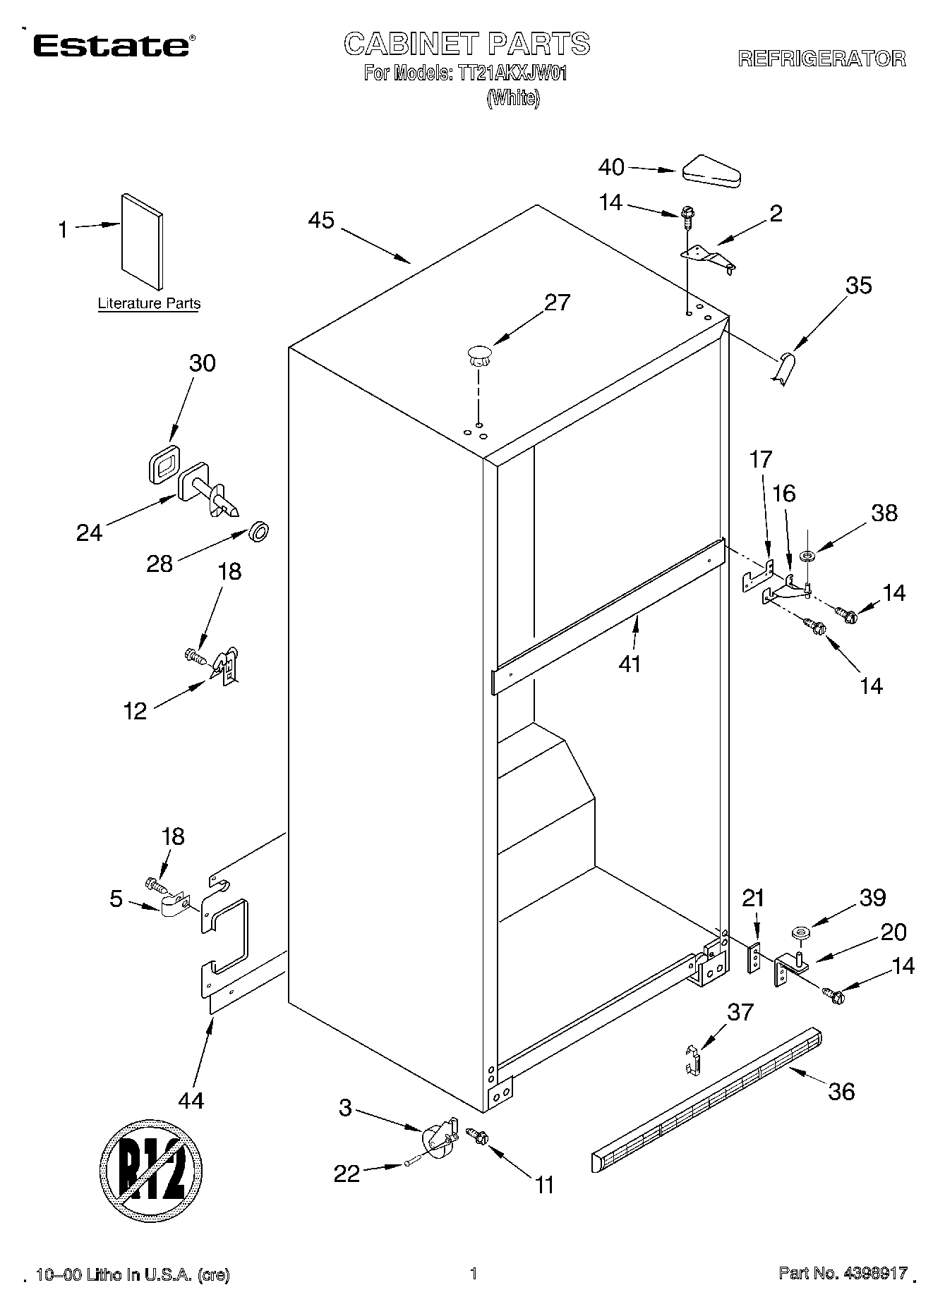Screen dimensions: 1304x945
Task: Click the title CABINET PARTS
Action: point(467,44)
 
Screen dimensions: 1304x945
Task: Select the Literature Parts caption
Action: point(149,304)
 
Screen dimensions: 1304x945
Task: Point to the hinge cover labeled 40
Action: point(711,171)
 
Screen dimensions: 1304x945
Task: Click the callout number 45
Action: point(321,220)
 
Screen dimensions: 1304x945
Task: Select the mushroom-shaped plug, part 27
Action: point(479,354)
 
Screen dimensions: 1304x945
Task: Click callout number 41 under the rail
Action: point(630,664)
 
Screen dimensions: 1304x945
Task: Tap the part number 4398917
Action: point(873,1274)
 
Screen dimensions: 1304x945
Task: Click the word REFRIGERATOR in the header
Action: point(821,59)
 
